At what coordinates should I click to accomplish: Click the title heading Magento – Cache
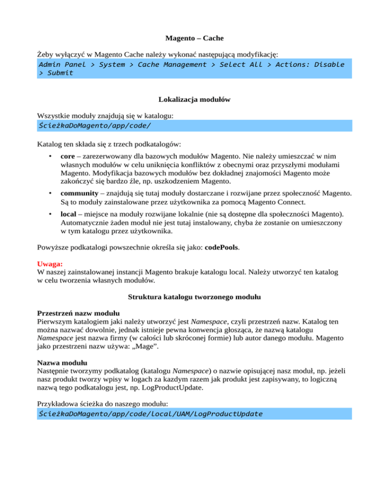194,38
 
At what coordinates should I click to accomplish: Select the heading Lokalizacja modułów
194,100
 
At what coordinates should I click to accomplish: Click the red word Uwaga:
50,264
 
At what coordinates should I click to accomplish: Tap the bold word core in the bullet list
68,156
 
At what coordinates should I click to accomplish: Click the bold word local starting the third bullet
68,214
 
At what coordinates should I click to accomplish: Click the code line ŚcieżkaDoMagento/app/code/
95,125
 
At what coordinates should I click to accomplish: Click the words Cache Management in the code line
172,64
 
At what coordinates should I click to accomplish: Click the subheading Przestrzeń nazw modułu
79,312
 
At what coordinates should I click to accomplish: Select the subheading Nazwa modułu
62,363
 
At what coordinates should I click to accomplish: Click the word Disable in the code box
329,64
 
